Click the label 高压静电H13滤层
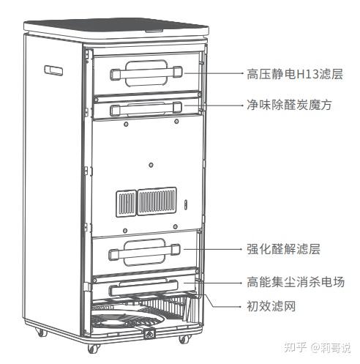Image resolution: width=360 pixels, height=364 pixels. click(295, 74)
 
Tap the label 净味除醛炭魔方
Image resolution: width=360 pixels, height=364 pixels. click(289, 105)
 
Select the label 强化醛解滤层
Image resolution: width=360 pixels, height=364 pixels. click(283, 249)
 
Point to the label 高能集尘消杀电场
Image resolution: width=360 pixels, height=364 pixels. click(296, 282)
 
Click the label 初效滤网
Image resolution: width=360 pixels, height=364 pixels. click(271, 306)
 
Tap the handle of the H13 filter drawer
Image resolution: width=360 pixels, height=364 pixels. click(146, 73)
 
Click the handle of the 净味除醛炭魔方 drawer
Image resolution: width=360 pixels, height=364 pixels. click(146, 108)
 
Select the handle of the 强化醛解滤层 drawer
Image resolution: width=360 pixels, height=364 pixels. click(144, 252)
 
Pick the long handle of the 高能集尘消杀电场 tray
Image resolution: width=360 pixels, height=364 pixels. click(143, 288)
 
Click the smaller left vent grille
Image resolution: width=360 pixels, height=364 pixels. click(126, 203)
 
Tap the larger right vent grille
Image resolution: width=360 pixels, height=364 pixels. click(157, 201)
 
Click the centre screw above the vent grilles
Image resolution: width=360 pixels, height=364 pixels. click(151, 165)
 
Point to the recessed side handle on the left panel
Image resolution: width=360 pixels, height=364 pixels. click(53, 70)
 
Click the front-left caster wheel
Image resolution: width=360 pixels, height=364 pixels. click(93, 348)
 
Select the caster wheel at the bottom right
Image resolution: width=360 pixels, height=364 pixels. click(184, 339)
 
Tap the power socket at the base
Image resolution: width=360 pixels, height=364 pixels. click(149, 334)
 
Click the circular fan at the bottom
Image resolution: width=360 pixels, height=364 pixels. click(127, 319)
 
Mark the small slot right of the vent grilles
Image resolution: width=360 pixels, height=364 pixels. click(186, 204)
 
